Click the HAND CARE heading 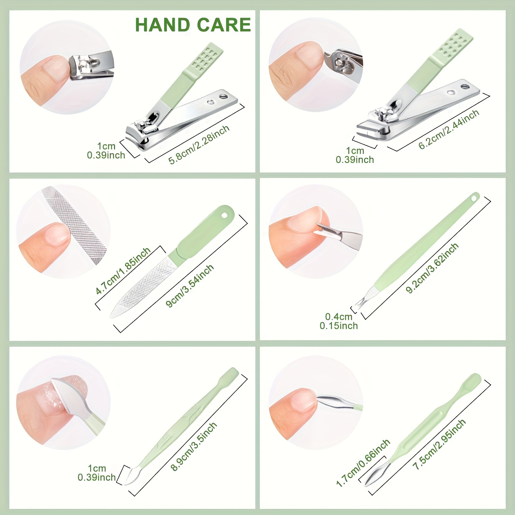point(193,25)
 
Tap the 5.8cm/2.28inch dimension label point(199,145)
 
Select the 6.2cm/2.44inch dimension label point(449,129)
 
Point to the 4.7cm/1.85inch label point(123,271)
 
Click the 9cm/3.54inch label point(190,286)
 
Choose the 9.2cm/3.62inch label point(432,268)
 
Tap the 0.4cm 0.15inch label point(339,321)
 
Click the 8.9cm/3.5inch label point(194,447)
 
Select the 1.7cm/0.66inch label point(363,463)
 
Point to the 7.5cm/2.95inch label point(439,444)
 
